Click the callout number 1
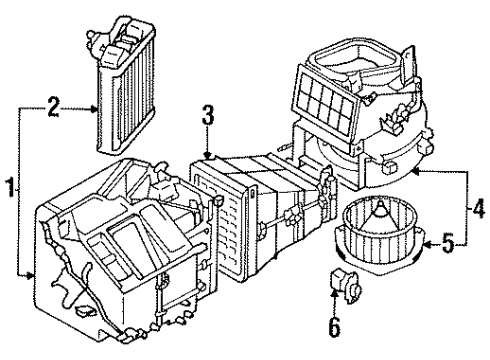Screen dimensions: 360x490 pyautogui.click(x=9, y=187)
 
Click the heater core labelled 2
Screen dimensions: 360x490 pyautogui.click(x=126, y=90)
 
